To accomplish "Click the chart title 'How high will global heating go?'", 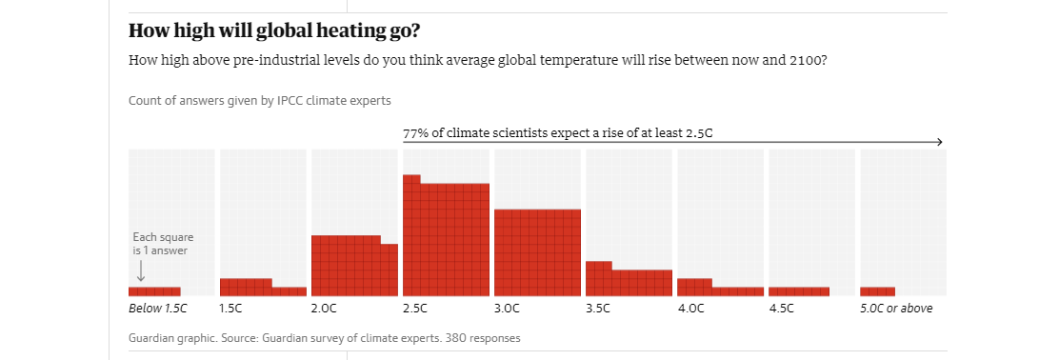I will click(x=273, y=30).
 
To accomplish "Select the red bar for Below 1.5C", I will click(x=154, y=291).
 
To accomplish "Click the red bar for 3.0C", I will click(x=537, y=252).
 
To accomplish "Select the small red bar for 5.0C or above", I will click(x=877, y=291).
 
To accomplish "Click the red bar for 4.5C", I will click(x=798, y=291).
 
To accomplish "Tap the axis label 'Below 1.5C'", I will click(x=158, y=309).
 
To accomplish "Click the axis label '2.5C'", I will click(x=415, y=309).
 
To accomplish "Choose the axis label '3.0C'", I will click(x=507, y=309).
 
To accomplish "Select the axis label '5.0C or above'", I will click(x=896, y=309).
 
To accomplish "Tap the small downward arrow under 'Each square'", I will click(x=141, y=271).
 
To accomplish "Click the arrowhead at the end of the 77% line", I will click(x=939, y=142).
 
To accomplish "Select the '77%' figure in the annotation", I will click(x=415, y=132).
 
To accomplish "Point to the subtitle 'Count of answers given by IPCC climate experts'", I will click(x=259, y=100).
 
